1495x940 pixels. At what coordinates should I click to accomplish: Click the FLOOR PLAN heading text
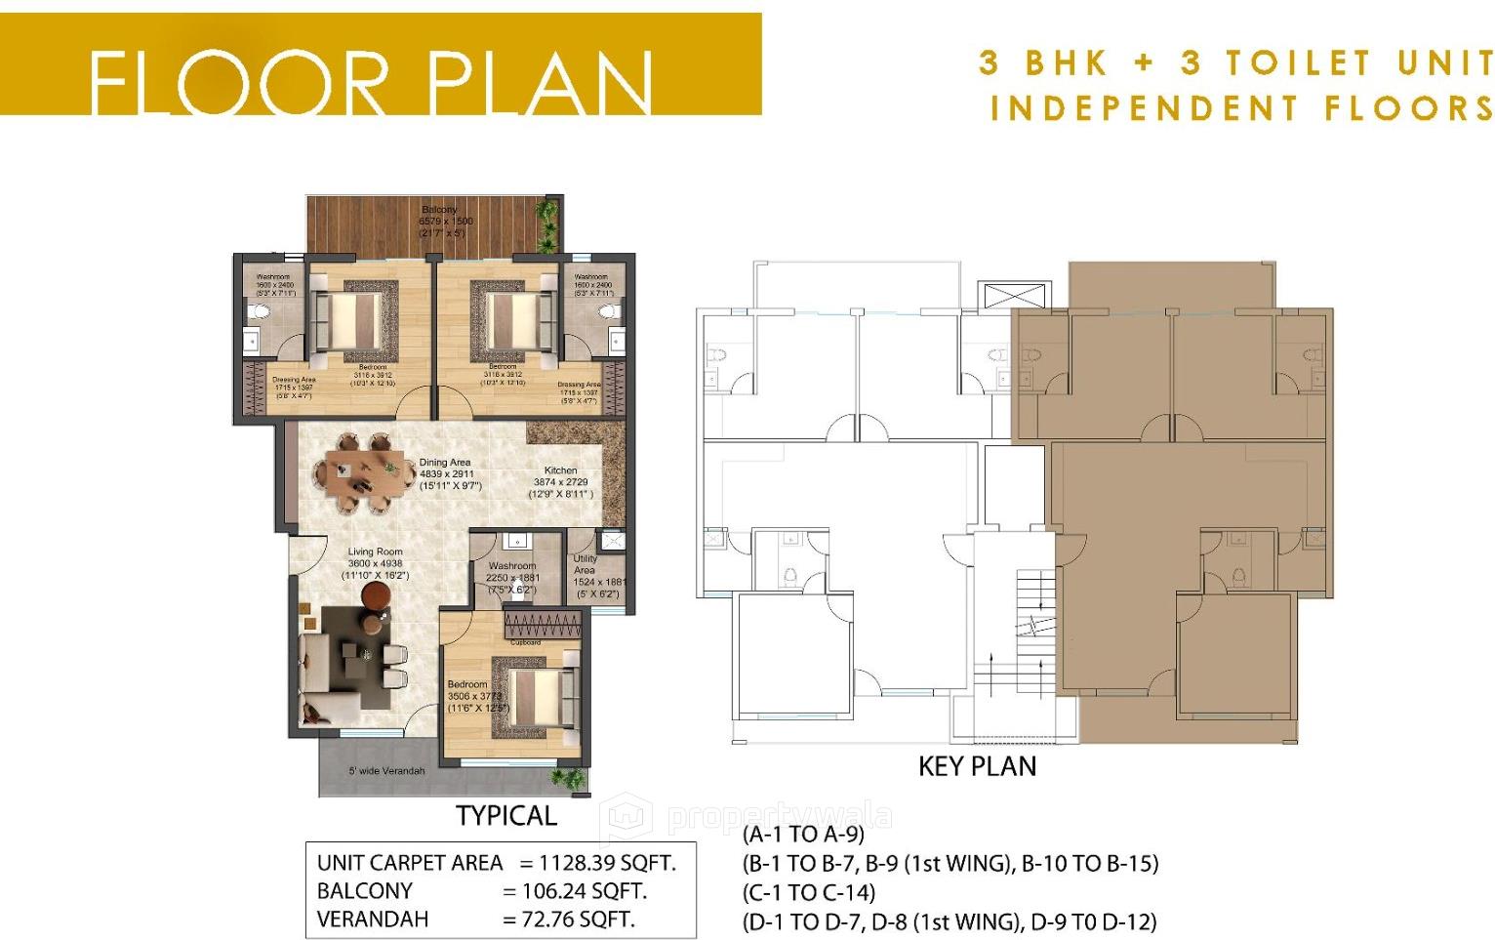click(371, 82)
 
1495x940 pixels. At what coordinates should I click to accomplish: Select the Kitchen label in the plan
click(560, 470)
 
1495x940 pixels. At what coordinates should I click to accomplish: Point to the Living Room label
click(375, 552)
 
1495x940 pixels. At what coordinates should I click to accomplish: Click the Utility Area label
click(585, 564)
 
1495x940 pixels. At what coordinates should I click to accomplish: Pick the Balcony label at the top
click(439, 210)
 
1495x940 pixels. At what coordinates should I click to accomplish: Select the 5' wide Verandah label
click(386, 771)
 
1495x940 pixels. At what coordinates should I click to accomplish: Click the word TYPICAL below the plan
click(505, 816)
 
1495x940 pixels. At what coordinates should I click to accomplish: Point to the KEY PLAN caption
click(977, 766)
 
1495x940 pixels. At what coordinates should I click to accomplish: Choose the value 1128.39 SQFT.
click(607, 863)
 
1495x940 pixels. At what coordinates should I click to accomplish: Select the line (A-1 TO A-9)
click(803, 835)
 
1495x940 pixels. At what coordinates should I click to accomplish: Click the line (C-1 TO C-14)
click(809, 892)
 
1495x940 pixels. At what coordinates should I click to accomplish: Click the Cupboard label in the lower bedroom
click(525, 642)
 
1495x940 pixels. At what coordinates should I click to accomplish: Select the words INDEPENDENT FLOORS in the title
click(1240, 107)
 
